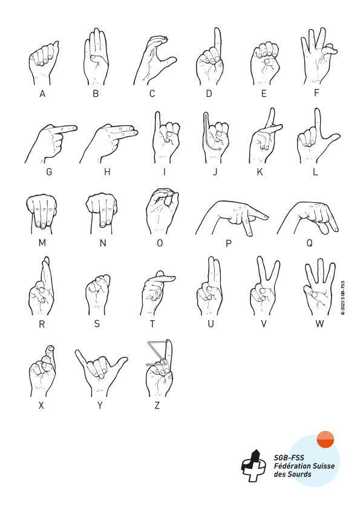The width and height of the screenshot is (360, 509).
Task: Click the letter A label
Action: tap(42, 94)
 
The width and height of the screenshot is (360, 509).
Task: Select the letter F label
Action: tap(317, 93)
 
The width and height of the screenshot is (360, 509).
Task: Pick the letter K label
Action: tap(260, 172)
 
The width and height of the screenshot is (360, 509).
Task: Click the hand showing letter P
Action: tap(232, 218)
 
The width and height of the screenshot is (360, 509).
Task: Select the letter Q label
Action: tap(310, 243)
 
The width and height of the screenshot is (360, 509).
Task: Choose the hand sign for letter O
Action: tap(162, 211)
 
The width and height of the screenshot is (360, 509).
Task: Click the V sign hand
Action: tap(264, 286)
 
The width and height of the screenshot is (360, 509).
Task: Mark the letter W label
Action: tap(319, 324)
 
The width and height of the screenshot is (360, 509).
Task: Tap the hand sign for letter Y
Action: tap(100, 373)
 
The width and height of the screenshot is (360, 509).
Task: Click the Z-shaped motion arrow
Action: tap(158, 353)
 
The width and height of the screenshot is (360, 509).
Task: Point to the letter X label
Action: tap(41, 406)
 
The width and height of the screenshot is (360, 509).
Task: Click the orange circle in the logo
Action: tap(326, 439)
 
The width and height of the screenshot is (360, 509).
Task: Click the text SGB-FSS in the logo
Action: tap(289, 458)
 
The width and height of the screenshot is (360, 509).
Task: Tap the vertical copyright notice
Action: tap(343, 298)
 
